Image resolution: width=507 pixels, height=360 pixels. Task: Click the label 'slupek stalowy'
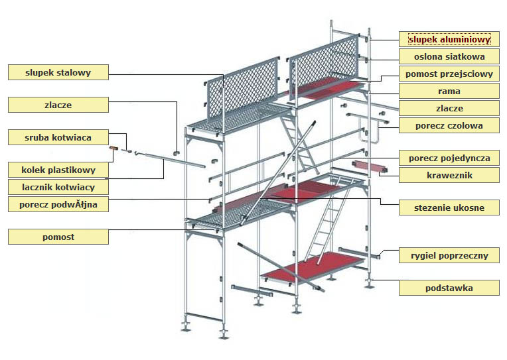pyautogui.click(x=58, y=72)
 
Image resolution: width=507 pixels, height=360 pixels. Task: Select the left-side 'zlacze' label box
pyautogui.click(x=58, y=105)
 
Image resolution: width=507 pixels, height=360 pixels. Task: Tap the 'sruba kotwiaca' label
pyautogui.click(x=58, y=137)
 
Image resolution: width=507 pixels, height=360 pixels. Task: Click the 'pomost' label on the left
pyautogui.click(x=58, y=236)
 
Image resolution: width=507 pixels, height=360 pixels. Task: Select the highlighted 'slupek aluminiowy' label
pyautogui.click(x=449, y=39)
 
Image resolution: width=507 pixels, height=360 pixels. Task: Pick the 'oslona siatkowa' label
pyautogui.click(x=449, y=56)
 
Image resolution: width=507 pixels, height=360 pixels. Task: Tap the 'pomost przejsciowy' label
pyautogui.click(x=449, y=74)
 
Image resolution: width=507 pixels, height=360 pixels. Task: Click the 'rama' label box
pyautogui.click(x=449, y=91)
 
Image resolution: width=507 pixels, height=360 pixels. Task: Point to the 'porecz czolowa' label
pyautogui.click(x=449, y=125)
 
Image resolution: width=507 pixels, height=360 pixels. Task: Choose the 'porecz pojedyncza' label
pyautogui.click(x=449, y=158)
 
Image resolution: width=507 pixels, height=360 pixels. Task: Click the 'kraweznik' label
pyautogui.click(x=449, y=175)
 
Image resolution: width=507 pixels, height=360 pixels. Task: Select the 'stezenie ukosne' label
pyautogui.click(x=449, y=208)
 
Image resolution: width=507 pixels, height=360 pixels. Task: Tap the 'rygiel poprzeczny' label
pyautogui.click(x=449, y=255)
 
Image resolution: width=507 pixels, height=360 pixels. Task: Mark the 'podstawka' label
pyautogui.click(x=449, y=288)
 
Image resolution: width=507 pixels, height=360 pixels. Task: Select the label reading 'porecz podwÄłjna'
pyautogui.click(x=58, y=204)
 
